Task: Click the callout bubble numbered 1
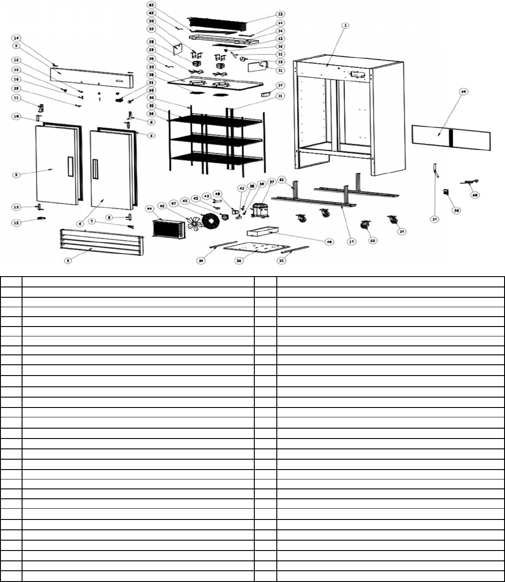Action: (345, 26)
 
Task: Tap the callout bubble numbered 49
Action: (463, 91)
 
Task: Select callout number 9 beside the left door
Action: (16, 175)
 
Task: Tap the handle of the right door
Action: (95, 169)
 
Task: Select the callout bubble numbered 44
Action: (149, 209)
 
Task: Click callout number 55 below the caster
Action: (373, 241)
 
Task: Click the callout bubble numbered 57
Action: (435, 219)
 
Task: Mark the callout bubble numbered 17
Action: (352, 242)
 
